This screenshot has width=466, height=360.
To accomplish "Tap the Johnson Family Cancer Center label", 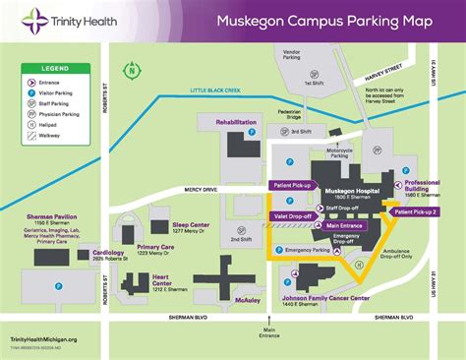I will (x=325, y=299).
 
